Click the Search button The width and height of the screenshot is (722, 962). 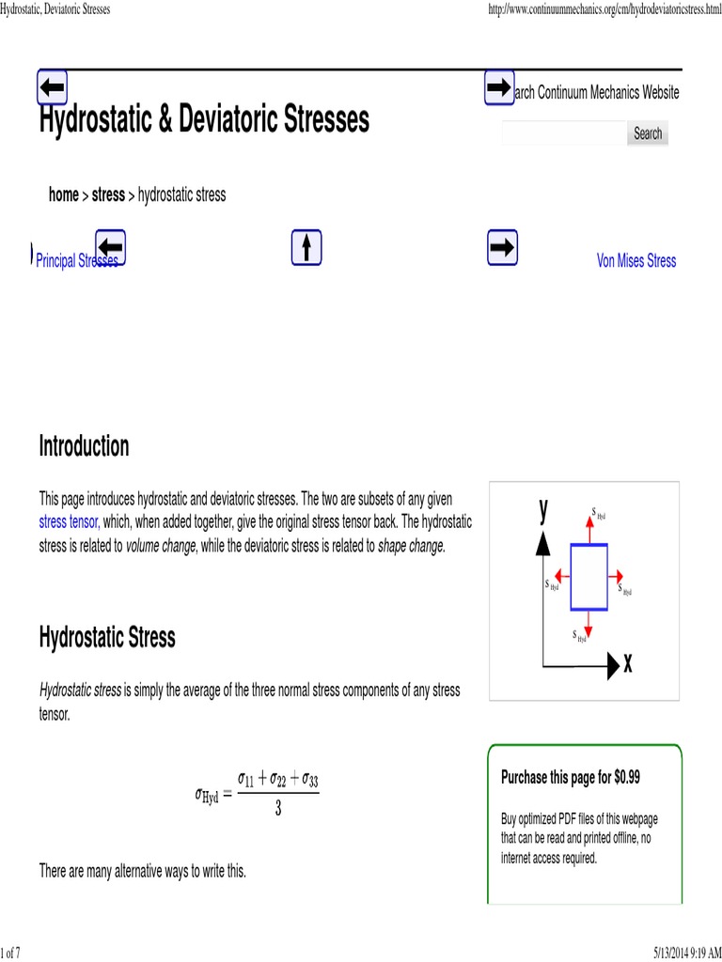[647, 133]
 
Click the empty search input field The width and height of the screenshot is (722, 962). [563, 133]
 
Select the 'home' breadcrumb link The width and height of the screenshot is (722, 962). [64, 195]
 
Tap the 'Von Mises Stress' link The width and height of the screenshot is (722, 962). [636, 261]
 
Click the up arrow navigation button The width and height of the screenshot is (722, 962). [306, 247]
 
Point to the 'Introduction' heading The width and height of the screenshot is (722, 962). [84, 446]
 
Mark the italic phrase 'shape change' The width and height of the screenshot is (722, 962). [410, 546]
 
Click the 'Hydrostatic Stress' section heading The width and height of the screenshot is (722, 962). [106, 638]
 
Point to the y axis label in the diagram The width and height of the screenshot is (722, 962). [543, 509]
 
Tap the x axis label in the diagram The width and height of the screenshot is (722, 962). [627, 664]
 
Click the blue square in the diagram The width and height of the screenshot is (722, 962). [589, 577]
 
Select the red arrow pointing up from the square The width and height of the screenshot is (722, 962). [589, 530]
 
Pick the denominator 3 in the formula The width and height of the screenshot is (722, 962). [278, 808]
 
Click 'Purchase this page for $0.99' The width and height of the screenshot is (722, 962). [571, 777]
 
